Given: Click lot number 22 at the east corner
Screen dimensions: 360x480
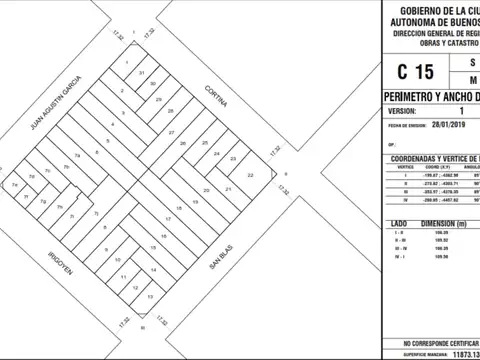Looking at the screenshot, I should tap(251, 176).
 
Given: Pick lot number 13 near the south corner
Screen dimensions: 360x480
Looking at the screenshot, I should tap(149, 297).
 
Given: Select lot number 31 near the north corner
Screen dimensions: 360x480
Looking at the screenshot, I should tap(143, 74).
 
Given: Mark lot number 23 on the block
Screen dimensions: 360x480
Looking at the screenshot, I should tap(232, 158).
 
